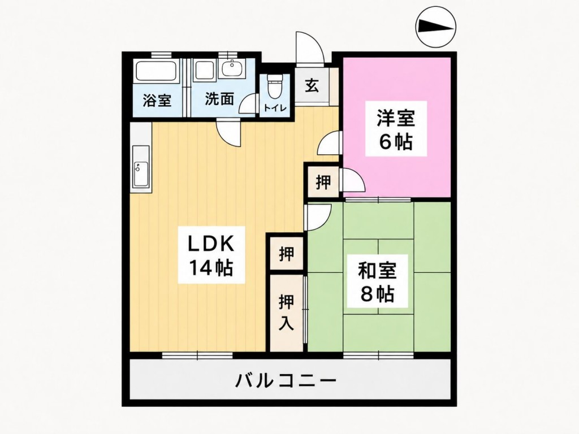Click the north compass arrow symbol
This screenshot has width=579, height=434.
[x=436, y=26]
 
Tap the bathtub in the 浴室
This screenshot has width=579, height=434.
[x=156, y=71]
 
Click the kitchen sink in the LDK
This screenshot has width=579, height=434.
[x=141, y=174]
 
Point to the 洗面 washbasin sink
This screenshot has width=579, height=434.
[x=232, y=68]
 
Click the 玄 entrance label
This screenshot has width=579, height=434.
[x=312, y=86]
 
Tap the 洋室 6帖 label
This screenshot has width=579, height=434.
[x=396, y=129]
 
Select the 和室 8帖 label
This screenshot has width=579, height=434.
[x=377, y=281]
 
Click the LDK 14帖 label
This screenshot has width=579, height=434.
[x=211, y=255]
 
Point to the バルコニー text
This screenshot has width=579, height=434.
[x=286, y=380]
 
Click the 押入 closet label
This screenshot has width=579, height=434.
[x=287, y=312]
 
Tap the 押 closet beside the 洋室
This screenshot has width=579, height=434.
[x=323, y=182]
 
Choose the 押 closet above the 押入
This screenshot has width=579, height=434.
[x=287, y=254]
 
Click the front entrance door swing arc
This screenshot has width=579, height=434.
[x=313, y=44]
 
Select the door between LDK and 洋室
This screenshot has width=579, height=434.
[x=328, y=142]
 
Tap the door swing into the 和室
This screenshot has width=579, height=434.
[x=318, y=217]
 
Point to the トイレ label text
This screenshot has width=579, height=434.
[x=274, y=108]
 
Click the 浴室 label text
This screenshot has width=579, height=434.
[x=157, y=100]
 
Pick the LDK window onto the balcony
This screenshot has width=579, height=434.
[x=197, y=355]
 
